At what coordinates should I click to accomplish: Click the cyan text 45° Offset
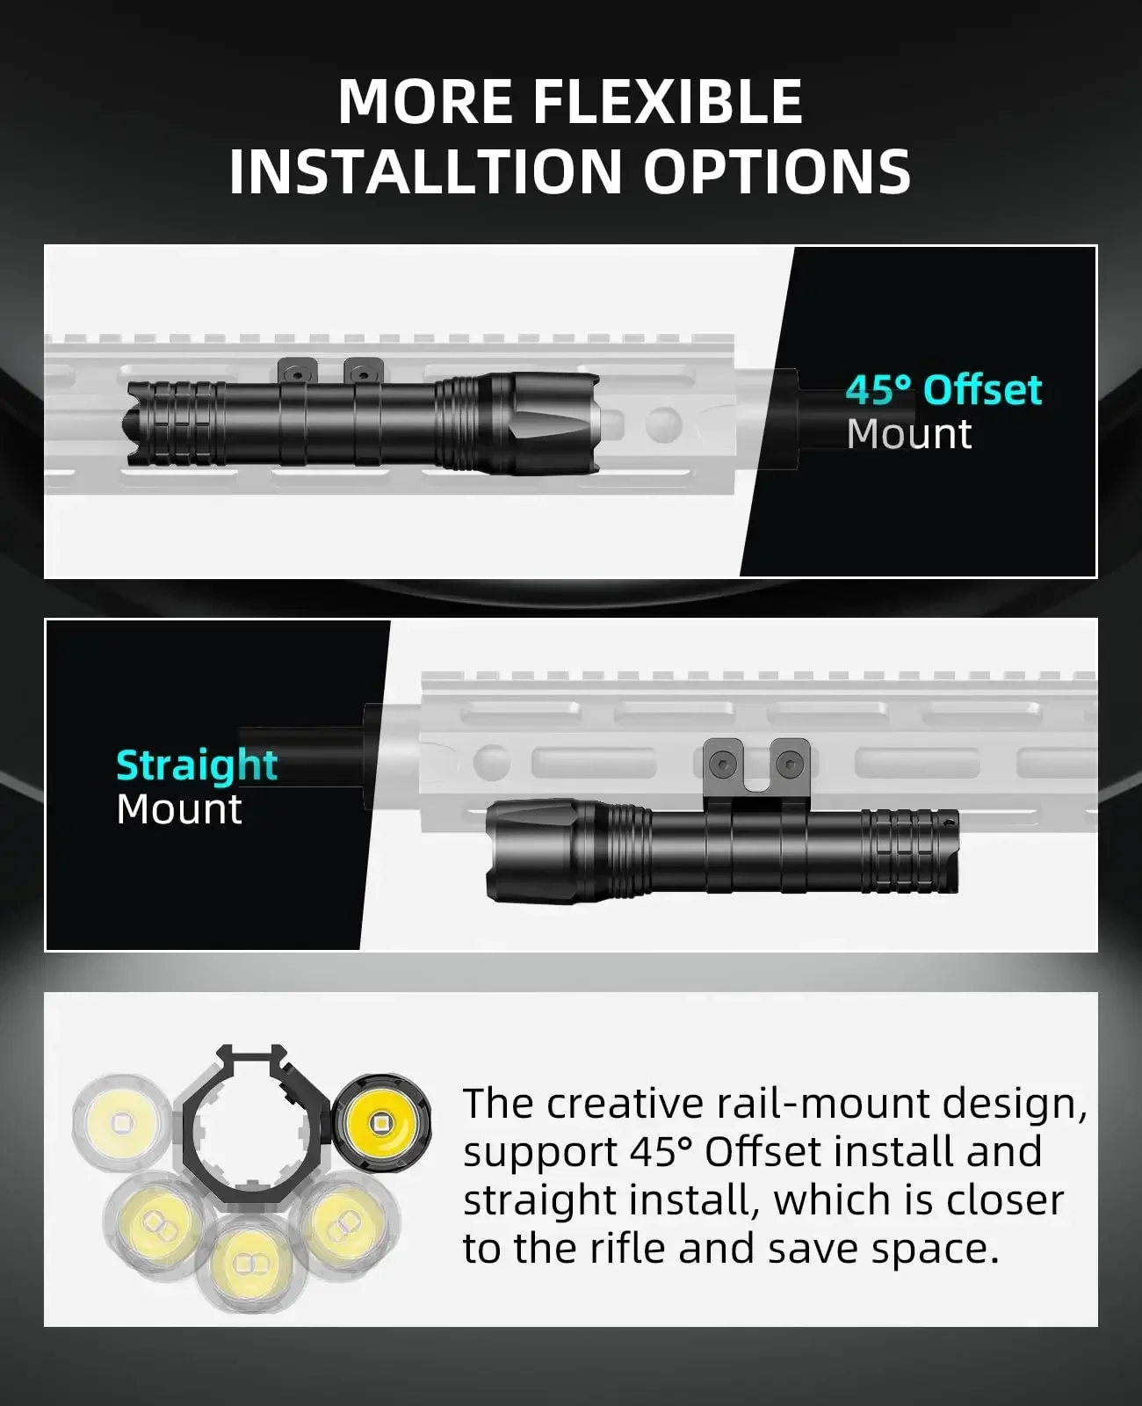click(x=943, y=390)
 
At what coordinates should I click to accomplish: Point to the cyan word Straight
click(x=197, y=765)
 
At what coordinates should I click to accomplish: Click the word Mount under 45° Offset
click(x=909, y=434)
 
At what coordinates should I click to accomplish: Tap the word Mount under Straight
click(x=179, y=809)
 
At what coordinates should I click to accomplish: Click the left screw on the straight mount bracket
click(x=724, y=765)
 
